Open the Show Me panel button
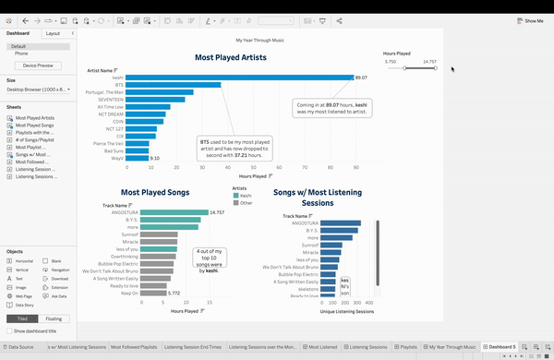(x=530, y=19)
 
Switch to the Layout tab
(x=53, y=32)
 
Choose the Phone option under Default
(x=21, y=54)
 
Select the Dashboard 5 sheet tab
(x=501, y=346)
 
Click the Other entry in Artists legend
(x=247, y=203)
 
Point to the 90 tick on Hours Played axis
(x=355, y=167)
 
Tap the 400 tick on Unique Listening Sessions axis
(x=367, y=302)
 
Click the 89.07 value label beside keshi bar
(x=361, y=78)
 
